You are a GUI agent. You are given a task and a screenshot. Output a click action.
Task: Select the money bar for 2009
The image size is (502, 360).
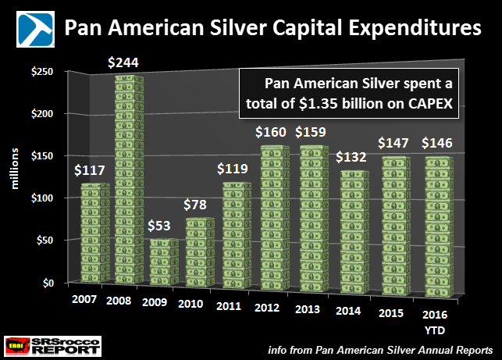164,262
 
